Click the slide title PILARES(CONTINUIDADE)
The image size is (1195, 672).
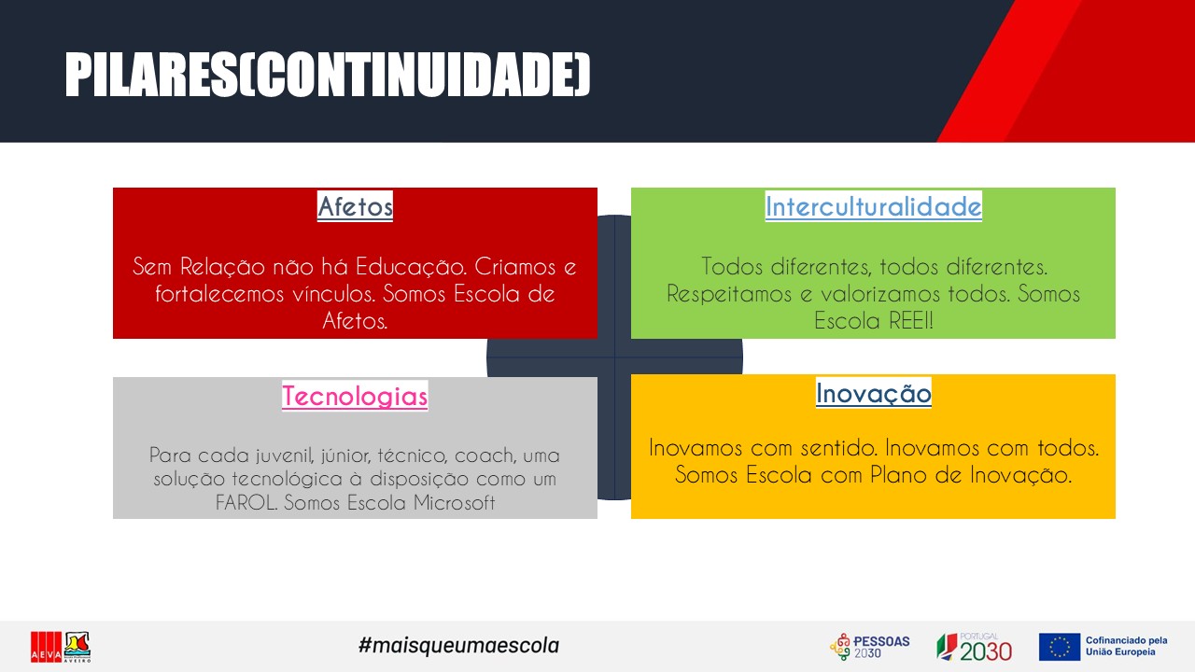[328, 75]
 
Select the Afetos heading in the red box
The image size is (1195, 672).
[356, 206]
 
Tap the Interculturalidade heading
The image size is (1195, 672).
[873, 206]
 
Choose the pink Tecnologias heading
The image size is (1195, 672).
[355, 396]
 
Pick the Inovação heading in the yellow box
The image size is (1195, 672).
[873, 394]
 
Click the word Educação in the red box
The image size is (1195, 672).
[411, 267]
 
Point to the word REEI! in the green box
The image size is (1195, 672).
[911, 320]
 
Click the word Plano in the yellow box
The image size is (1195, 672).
[898, 475]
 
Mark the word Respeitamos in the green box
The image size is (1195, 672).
[729, 294]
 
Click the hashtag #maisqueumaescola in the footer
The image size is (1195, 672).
[458, 645]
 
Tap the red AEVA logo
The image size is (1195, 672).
[46, 647]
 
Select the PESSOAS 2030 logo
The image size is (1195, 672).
[870, 647]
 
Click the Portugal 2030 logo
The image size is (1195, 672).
[974, 647]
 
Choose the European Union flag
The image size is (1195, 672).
[1060, 647]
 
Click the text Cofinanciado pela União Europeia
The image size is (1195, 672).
[1126, 646]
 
